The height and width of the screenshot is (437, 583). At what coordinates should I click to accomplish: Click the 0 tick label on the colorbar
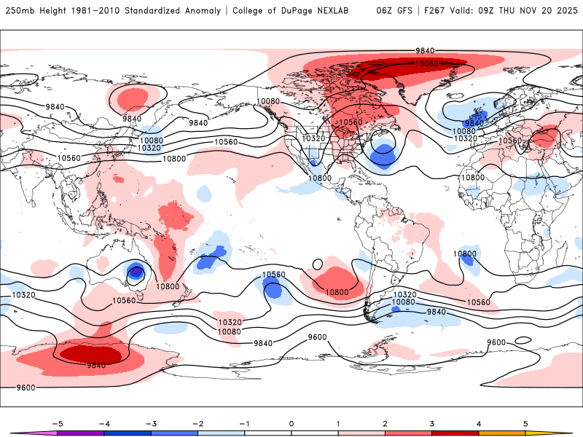pyautogui.click(x=291, y=423)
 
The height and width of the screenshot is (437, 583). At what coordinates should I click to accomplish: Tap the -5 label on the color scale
pyautogui.click(x=55, y=423)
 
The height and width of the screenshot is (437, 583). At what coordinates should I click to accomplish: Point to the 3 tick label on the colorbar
pyautogui.click(x=431, y=423)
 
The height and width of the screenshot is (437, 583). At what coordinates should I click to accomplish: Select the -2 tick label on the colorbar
pyautogui.click(x=197, y=423)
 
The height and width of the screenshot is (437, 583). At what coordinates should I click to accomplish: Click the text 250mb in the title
pyautogui.click(x=20, y=11)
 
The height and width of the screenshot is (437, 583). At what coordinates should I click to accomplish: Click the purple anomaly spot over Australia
pyautogui.click(x=136, y=272)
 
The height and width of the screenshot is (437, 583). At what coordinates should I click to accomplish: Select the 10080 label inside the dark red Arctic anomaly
pyautogui.click(x=426, y=64)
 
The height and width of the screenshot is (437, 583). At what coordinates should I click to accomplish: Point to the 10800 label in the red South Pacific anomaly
pyautogui.click(x=337, y=292)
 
